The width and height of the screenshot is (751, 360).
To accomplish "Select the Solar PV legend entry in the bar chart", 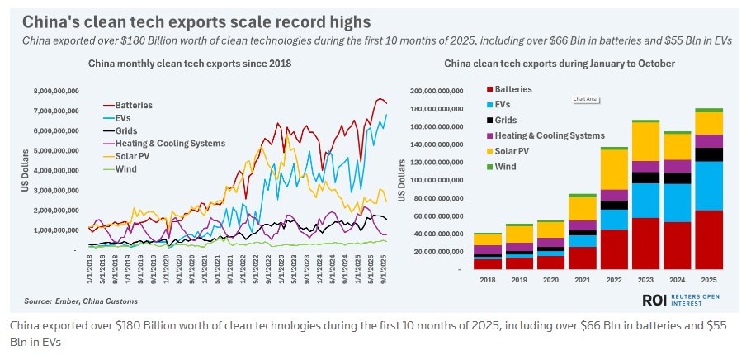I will [x=511, y=151].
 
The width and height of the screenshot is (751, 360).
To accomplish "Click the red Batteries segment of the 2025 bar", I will [x=708, y=239].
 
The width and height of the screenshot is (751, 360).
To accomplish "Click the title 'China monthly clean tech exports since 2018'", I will [x=190, y=63].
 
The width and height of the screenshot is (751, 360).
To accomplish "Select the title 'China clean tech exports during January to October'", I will [x=559, y=63].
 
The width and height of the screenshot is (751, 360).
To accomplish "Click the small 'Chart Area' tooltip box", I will [x=585, y=99].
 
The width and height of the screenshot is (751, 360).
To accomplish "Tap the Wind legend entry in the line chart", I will [x=125, y=168].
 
